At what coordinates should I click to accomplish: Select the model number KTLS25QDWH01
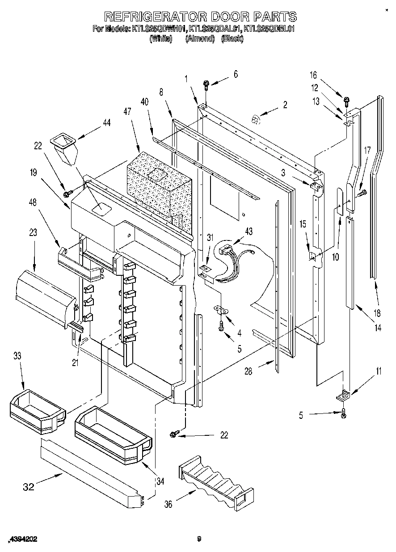(x=159, y=29)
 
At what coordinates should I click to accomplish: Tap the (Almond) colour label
(x=200, y=39)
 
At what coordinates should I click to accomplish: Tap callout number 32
(x=29, y=487)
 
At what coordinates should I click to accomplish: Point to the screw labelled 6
(x=206, y=84)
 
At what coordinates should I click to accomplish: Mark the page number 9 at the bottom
(x=199, y=539)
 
